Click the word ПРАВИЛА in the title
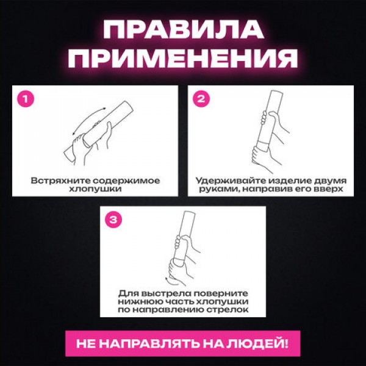[x=184, y=29]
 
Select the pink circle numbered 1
[x=26, y=99]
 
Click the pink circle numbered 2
[x=201, y=99]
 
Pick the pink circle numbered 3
[x=113, y=220]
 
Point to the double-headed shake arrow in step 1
[x=87, y=118]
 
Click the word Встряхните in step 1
[x=60, y=181]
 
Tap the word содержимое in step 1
[x=126, y=181]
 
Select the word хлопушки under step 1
[x=96, y=189]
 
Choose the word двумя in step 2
[x=329, y=181]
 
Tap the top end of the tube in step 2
[x=277, y=91]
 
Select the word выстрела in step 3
[x=165, y=293]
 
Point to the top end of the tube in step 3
[x=189, y=213]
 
